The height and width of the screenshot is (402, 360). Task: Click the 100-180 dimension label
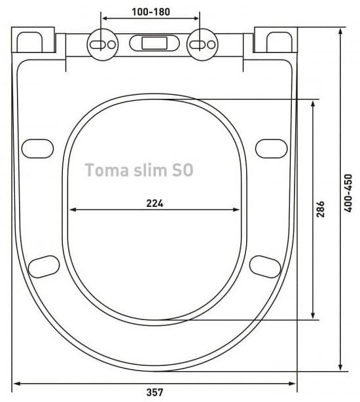tap(151, 12)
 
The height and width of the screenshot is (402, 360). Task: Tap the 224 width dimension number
tap(154, 204)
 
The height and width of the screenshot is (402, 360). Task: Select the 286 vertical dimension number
tap(320, 210)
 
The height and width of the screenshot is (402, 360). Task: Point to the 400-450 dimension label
tap(348, 193)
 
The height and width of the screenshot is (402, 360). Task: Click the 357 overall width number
tap(154, 392)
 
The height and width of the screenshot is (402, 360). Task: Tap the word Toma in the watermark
tap(107, 170)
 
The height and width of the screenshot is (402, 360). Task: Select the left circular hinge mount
tap(103, 45)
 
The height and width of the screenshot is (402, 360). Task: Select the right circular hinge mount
tap(202, 45)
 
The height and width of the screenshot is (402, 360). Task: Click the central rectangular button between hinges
tap(154, 43)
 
